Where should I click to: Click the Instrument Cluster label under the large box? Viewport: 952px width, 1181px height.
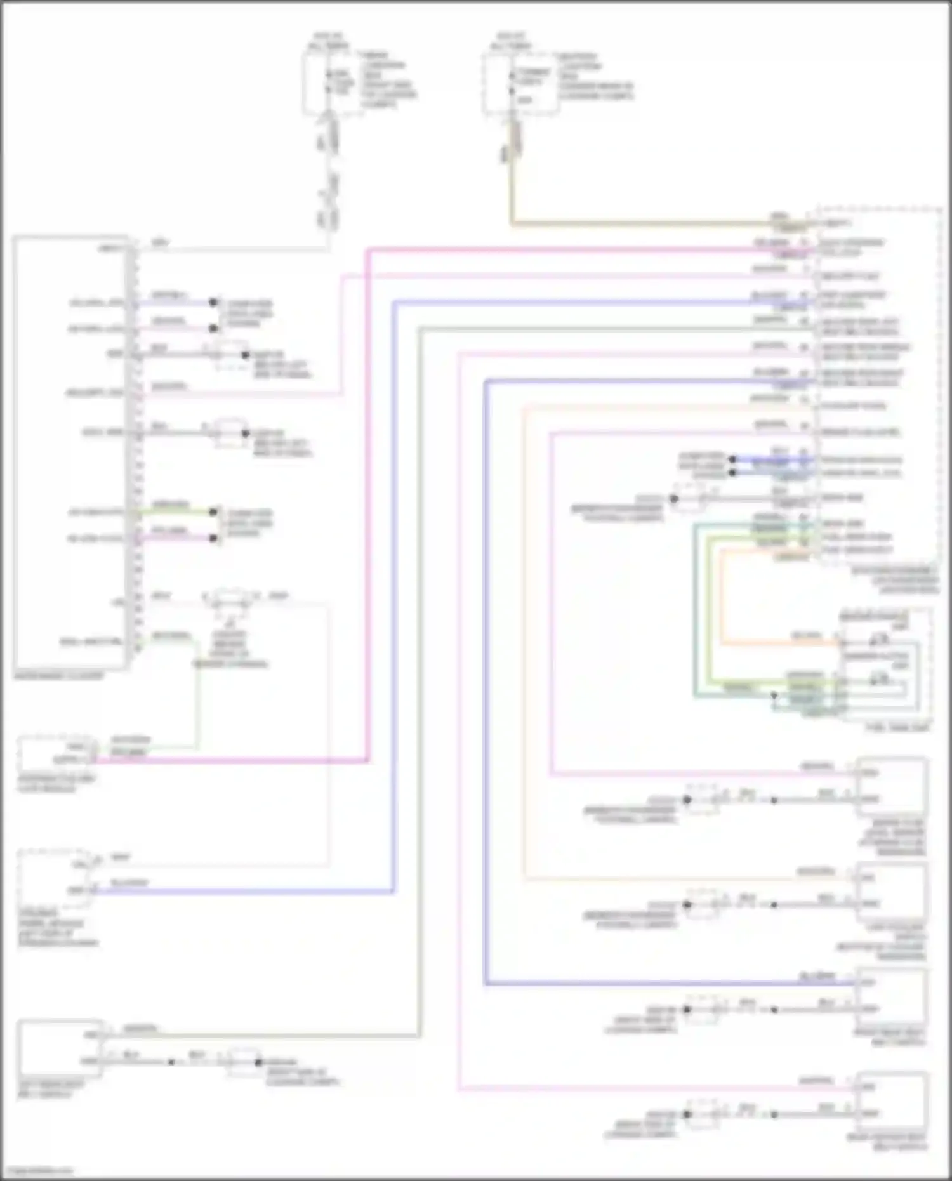58,676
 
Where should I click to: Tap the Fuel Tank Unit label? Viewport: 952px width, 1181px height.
897,728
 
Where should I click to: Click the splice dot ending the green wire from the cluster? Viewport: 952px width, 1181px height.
214,511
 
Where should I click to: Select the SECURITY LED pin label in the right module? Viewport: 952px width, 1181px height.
850,277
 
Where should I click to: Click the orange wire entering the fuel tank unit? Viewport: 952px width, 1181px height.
781,643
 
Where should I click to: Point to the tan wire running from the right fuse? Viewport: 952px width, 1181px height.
635,223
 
